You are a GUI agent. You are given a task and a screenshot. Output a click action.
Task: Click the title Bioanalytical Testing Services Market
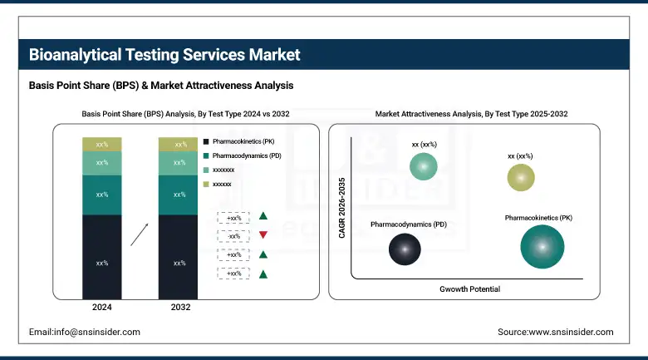coord(164,55)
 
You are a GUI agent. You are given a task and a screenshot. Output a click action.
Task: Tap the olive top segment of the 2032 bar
coord(179,145)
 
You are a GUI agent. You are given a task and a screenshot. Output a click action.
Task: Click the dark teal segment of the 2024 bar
coord(102,195)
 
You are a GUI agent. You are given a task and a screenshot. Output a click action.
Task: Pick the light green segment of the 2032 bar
coord(179,163)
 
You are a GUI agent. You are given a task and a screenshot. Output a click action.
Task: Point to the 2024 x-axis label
coord(102,308)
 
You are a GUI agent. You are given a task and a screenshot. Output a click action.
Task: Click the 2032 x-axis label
coord(179,308)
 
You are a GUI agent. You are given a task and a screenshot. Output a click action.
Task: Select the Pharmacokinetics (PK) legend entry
coord(245,142)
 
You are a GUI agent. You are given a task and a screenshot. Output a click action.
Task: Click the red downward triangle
coord(263,235)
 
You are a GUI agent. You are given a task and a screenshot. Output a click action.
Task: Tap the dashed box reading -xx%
coord(233,235)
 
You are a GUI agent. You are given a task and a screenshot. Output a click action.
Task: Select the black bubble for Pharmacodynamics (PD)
coord(405,248)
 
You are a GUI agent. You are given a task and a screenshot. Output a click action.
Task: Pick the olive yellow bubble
coord(521,177)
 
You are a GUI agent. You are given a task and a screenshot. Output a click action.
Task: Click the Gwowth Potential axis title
coord(469,288)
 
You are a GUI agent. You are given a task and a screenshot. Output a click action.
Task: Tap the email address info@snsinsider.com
coord(85,332)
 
